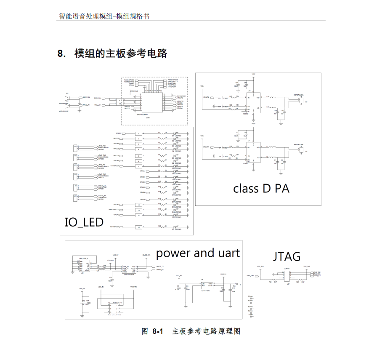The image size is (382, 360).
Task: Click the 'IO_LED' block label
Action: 84,222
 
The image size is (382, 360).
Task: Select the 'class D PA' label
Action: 261,188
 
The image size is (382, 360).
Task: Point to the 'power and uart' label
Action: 197,253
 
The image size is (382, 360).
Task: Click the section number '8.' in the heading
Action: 62,54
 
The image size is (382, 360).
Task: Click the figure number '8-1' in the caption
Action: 157,331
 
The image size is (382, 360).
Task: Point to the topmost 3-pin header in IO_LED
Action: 77,148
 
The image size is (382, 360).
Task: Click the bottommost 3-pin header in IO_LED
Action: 77,197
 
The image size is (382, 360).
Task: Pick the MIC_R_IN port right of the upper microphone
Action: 85,97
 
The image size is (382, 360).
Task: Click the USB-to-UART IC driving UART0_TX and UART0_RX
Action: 128,269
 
